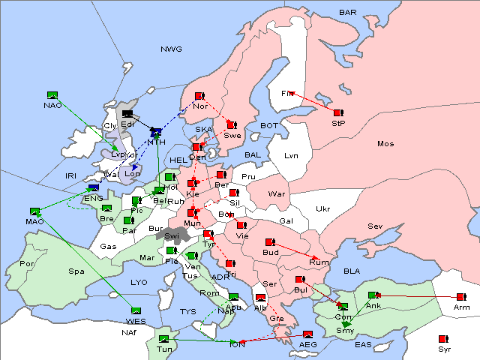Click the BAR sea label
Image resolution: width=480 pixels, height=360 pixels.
click(x=347, y=13)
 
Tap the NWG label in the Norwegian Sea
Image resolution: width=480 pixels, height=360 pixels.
click(x=171, y=49)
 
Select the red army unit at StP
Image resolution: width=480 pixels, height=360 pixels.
click(x=337, y=112)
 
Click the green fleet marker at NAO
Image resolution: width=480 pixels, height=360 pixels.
click(x=52, y=95)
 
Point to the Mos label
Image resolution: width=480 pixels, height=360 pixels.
click(x=385, y=143)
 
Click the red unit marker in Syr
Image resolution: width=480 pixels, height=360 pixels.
click(x=443, y=339)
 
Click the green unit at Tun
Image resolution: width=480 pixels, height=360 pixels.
click(x=164, y=339)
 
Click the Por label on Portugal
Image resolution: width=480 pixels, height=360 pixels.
click(x=27, y=264)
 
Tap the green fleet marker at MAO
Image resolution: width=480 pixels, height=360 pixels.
click(x=34, y=212)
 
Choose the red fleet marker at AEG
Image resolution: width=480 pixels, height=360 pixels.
click(x=307, y=334)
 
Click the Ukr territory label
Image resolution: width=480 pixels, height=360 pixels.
click(x=322, y=208)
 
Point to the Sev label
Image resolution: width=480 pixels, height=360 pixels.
click(x=375, y=226)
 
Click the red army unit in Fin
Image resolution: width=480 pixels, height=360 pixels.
click(x=287, y=93)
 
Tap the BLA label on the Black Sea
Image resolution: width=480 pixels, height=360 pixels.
click(x=352, y=271)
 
